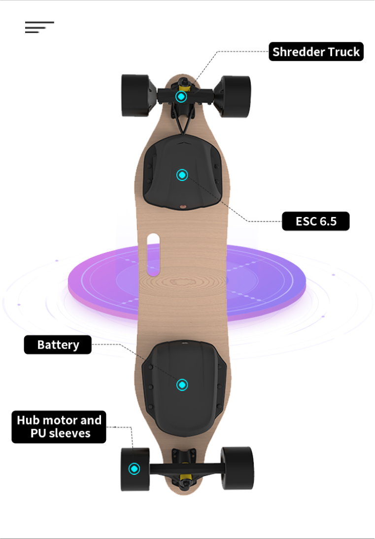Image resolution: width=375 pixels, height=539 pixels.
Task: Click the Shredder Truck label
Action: (x=316, y=52)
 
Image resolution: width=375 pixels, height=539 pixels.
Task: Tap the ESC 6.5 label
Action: (x=315, y=221)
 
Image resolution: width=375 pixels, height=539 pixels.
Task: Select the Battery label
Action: (x=58, y=345)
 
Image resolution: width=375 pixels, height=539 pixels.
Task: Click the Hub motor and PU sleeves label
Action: (x=59, y=427)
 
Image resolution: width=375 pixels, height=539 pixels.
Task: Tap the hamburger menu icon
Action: (x=39, y=28)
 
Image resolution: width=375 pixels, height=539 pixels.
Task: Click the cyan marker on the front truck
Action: (x=182, y=96)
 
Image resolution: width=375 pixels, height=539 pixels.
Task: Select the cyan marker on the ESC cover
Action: (x=182, y=175)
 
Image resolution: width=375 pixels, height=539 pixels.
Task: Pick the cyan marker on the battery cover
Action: (x=182, y=385)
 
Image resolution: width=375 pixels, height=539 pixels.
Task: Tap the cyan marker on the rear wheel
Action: (x=134, y=468)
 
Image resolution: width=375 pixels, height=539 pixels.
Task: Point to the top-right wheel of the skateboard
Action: (x=236, y=96)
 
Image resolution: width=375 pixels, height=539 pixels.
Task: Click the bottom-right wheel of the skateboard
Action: (x=237, y=468)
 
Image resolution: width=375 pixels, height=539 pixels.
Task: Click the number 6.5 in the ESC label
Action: (x=328, y=221)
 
